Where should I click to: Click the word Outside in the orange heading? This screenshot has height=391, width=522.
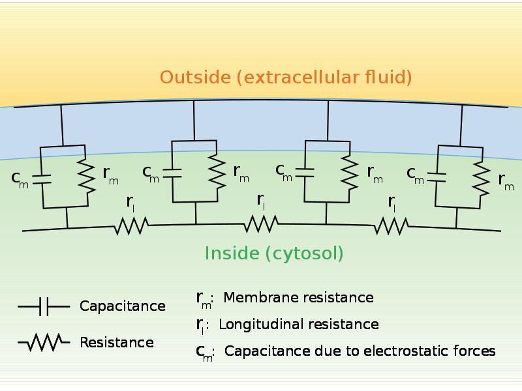(195, 77)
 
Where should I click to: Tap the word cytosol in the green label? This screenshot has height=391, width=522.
(303, 253)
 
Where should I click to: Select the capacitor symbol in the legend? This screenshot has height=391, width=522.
(44, 306)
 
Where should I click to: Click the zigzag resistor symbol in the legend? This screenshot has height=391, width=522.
(44, 342)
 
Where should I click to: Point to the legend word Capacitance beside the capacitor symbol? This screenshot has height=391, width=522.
(123, 306)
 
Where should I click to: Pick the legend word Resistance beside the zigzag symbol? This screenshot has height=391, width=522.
(117, 343)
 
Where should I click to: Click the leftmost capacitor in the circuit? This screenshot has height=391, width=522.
(42, 179)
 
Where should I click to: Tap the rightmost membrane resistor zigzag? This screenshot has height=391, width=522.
(481, 179)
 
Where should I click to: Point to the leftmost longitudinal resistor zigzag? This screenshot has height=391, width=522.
(132, 226)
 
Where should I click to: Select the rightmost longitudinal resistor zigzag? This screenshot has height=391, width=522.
(391, 225)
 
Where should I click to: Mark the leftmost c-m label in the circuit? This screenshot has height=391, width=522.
(20, 180)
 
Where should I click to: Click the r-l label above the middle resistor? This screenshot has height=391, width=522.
(261, 202)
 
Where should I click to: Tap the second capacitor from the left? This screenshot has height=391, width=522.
(172, 173)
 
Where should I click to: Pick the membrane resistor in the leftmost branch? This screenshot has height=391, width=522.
(87, 176)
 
